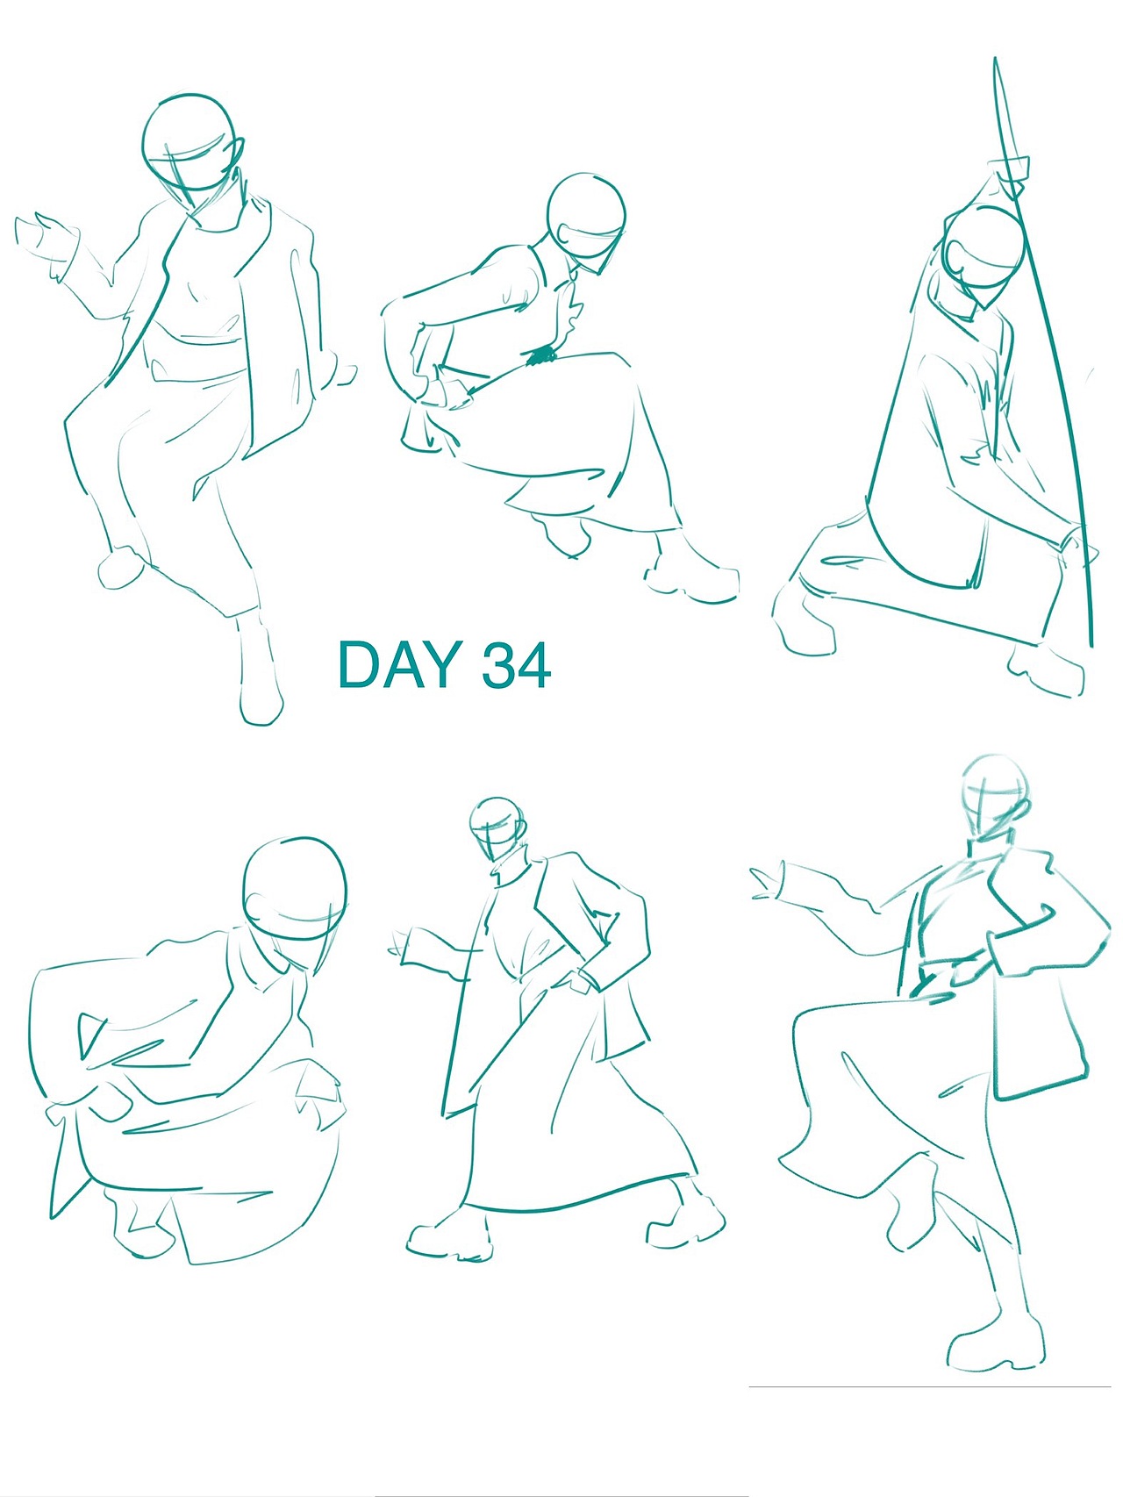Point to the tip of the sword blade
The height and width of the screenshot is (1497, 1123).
[996, 60]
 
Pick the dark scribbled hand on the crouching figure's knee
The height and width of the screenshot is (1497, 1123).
[541, 355]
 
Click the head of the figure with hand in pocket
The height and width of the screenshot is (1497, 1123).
[497, 830]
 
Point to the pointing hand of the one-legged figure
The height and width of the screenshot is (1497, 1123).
[767, 881]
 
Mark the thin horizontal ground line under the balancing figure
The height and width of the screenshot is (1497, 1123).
[929, 1386]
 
